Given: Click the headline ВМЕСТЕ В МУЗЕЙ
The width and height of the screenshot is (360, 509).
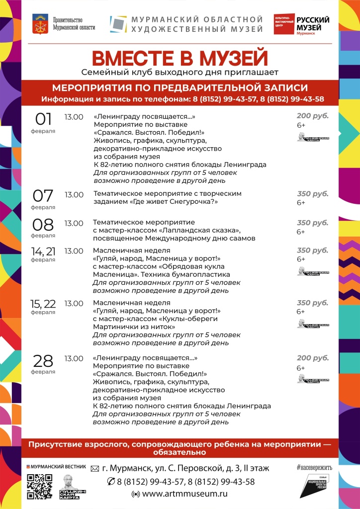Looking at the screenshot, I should (180, 58).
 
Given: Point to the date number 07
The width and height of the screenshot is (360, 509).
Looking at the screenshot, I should (43, 195).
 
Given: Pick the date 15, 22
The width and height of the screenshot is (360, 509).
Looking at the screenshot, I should (43, 303).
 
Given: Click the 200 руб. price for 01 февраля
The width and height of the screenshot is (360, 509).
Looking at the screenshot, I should (313, 115).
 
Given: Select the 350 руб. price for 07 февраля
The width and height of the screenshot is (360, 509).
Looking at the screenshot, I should (313, 194).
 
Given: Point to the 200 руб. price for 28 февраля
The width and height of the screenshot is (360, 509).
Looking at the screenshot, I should (313, 358).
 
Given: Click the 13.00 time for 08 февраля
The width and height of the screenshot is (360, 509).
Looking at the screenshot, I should (74, 223).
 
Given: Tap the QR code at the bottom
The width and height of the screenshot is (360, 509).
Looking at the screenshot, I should (40, 486).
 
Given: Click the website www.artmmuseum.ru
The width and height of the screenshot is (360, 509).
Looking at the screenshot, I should (184, 494).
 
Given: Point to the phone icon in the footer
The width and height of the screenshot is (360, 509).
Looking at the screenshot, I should (111, 482).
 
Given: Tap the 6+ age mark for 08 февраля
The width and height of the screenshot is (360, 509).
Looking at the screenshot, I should (301, 232).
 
